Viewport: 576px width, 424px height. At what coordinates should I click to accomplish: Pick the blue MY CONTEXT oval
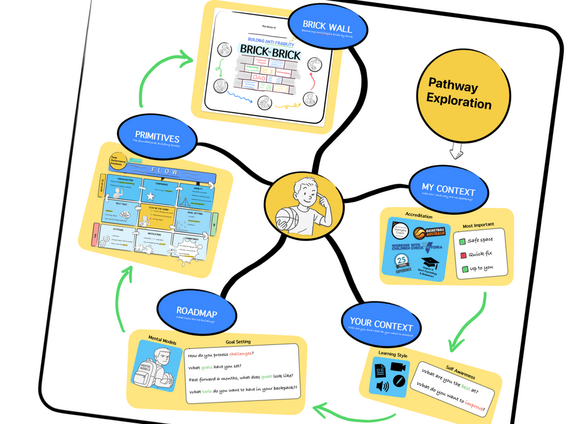coord(448,190)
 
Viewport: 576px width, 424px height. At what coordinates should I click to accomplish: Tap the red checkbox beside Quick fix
coord(462,255)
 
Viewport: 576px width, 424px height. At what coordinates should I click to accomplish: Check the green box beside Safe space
coord(462,241)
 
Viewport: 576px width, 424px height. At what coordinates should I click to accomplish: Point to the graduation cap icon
coord(430,263)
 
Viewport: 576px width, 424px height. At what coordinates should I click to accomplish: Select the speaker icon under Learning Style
coord(382,386)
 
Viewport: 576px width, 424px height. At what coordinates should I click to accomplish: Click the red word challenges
coord(241,354)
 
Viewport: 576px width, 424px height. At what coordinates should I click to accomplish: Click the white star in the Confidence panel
coord(150,197)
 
